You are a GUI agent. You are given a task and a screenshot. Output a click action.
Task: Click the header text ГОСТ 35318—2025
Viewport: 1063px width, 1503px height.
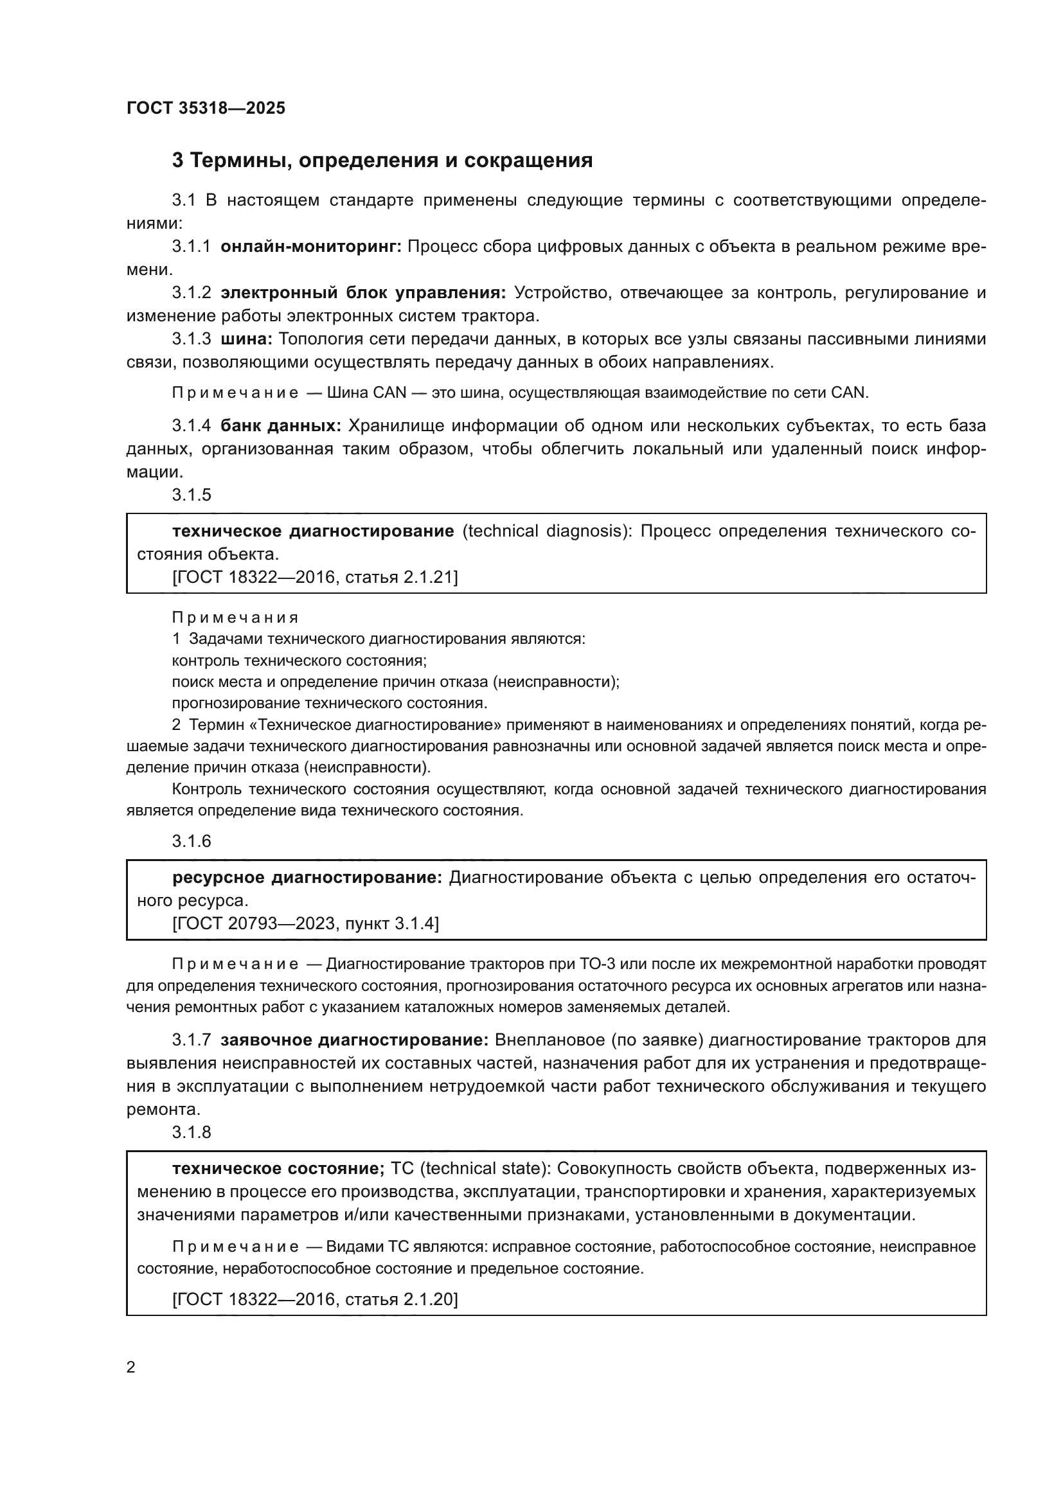(x=206, y=109)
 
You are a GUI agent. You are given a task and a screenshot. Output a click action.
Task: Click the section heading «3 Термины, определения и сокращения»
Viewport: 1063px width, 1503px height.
(x=382, y=161)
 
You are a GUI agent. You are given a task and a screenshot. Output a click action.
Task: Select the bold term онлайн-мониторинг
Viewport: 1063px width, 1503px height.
(x=311, y=247)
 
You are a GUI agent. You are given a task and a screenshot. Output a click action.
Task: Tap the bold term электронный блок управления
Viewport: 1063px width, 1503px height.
(x=363, y=292)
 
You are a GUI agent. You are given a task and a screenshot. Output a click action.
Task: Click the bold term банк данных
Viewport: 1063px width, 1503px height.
(x=281, y=425)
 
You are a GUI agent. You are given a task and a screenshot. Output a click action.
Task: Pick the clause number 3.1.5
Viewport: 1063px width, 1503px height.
(x=191, y=495)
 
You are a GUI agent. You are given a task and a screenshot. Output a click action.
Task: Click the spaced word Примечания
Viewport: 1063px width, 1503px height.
(x=235, y=618)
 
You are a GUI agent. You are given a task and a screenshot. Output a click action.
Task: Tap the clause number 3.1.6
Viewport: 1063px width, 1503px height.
(x=191, y=841)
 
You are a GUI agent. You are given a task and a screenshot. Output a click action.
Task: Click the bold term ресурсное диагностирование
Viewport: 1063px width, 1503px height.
(x=308, y=877)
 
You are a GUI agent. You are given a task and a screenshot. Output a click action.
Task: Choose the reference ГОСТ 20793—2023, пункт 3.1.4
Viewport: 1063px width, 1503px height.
(x=306, y=923)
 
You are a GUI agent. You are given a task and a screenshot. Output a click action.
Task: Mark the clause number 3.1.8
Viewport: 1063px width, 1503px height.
(x=191, y=1132)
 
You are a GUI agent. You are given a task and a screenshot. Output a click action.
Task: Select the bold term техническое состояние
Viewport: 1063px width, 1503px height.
(x=278, y=1168)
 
